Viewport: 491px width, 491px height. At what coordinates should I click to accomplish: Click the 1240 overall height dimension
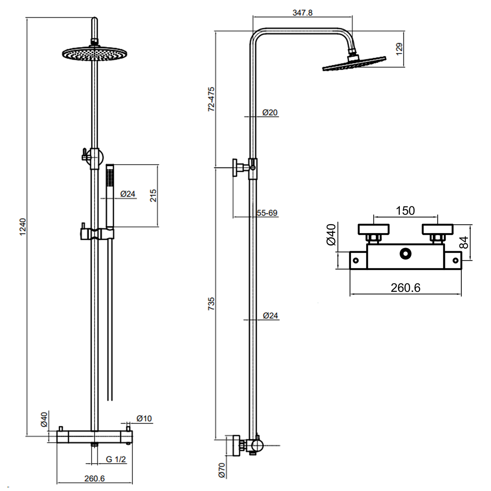(x=23, y=227)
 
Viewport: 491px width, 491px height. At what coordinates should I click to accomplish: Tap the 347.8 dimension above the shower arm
(x=302, y=13)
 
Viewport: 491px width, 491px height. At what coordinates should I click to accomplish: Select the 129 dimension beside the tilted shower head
(x=399, y=49)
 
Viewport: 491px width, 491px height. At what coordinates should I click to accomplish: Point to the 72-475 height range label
(x=211, y=99)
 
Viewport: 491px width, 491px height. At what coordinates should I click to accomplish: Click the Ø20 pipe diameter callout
(x=270, y=113)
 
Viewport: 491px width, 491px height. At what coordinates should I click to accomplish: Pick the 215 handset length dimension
(x=153, y=195)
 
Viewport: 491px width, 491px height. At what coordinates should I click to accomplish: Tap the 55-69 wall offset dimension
(x=267, y=213)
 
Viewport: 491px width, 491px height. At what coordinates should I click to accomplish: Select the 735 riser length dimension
(x=211, y=304)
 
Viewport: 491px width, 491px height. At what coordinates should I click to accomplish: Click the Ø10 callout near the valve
(x=144, y=418)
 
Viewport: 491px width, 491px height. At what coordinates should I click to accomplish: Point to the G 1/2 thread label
(x=116, y=459)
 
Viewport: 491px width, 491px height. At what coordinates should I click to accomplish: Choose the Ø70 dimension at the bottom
(x=222, y=470)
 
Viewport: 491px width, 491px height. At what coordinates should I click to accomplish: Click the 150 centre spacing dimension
(x=405, y=210)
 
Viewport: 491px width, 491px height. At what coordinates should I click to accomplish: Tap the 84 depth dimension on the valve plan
(x=464, y=243)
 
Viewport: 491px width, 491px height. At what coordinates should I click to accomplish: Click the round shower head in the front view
(x=94, y=54)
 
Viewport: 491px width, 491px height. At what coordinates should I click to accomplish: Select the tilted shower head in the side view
(x=354, y=64)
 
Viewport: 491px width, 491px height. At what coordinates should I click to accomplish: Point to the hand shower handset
(x=110, y=196)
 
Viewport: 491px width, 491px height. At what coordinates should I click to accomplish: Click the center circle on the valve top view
(x=405, y=254)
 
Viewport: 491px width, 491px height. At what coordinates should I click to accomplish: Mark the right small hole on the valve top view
(x=455, y=261)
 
